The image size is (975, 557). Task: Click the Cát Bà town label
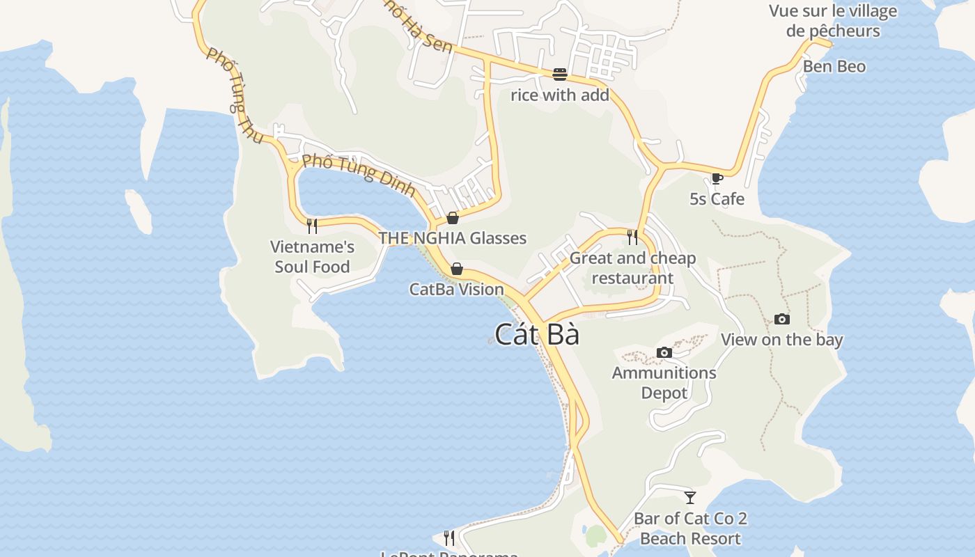pos(537,335)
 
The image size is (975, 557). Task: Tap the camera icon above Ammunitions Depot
pos(664,352)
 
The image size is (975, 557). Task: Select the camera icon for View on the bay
pos(782,320)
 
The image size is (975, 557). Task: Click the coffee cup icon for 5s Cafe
pos(717,179)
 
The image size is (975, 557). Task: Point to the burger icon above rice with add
pos(560,74)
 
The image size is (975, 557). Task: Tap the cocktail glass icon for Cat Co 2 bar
pos(690,497)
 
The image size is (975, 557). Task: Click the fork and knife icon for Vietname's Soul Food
pos(312,226)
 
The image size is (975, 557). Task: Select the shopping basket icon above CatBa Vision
pos(457,269)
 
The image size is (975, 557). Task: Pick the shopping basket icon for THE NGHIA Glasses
pos(453,218)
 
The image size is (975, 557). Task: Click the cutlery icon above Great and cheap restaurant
pos(632,237)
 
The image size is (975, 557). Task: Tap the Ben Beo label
pos(834,67)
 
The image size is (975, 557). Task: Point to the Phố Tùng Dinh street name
pos(359,175)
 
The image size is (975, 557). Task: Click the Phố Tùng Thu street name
pos(235,95)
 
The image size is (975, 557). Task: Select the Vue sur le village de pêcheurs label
pos(833,21)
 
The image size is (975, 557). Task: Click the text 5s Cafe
pos(717,199)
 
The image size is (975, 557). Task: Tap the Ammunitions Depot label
pos(664,383)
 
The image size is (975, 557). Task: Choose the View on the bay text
pos(781,340)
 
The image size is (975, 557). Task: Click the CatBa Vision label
pos(457,289)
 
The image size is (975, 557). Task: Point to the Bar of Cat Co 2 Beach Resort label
pos(690,528)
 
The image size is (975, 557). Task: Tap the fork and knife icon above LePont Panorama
pos(449,538)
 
